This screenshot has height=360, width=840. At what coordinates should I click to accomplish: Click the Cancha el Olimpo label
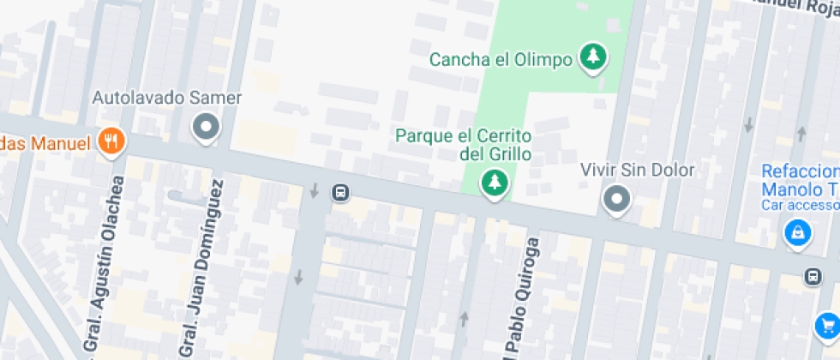click(501, 60)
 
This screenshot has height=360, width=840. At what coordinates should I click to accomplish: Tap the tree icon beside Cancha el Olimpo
click(592, 57)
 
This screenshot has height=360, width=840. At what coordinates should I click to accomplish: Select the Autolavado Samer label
click(167, 98)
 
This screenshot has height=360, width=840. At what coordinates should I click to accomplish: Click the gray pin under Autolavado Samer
click(206, 129)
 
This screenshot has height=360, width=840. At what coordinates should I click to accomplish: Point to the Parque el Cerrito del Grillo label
click(464, 146)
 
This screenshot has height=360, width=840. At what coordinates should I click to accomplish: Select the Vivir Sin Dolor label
click(637, 170)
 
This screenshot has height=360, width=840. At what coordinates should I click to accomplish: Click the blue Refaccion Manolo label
click(801, 179)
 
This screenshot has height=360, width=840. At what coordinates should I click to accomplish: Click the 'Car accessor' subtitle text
click(801, 206)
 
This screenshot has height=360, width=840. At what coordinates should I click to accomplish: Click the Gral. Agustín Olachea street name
click(102, 267)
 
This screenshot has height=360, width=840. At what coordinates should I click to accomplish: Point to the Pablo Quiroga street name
click(522, 297)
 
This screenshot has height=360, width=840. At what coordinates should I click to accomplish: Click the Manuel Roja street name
click(794, 6)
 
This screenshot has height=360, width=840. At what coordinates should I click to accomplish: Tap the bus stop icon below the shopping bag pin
click(812, 277)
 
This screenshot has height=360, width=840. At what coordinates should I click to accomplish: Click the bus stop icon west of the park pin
click(340, 192)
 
